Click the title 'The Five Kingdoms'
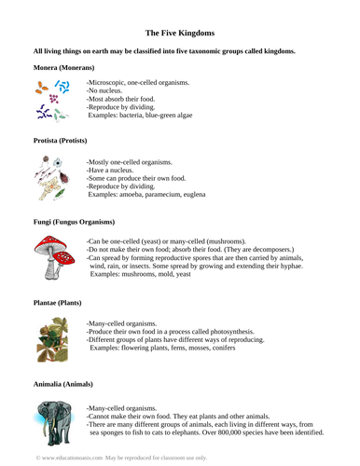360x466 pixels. pos(179,31)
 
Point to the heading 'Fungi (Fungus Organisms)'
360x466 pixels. pos(74,222)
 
